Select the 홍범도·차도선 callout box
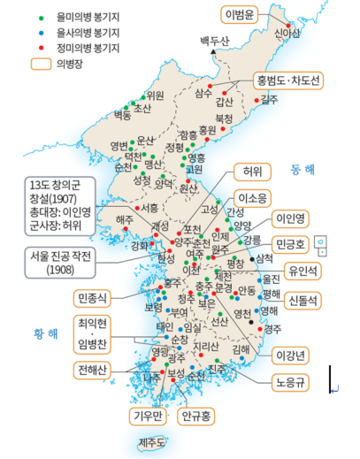coord(289,79)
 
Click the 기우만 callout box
coord(145,413)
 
